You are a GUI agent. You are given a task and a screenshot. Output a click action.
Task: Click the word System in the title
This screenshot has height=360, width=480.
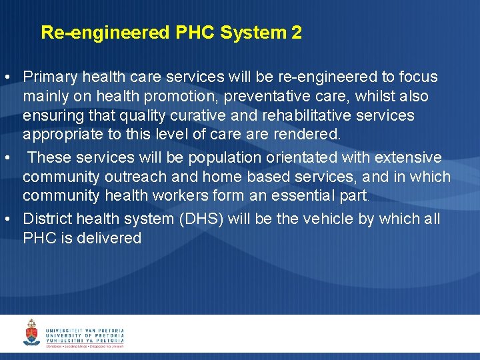click(x=257, y=33)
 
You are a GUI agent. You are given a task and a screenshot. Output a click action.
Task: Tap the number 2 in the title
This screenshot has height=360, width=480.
click(x=297, y=33)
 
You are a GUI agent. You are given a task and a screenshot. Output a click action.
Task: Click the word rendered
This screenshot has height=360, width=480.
click(x=311, y=135)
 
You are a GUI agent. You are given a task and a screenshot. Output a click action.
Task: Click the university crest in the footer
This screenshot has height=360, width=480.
click(x=31, y=332)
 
